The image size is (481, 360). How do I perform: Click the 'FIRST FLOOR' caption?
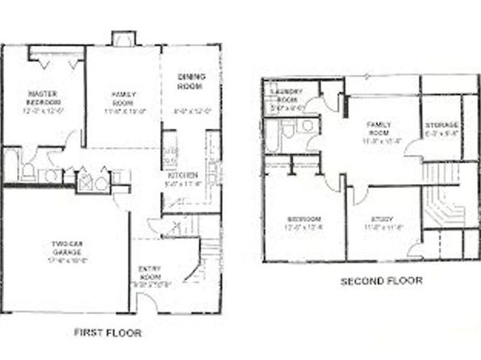[x=107, y=332]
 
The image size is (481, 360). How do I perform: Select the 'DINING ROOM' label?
[x=190, y=81]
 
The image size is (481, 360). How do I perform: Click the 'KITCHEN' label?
[x=178, y=175]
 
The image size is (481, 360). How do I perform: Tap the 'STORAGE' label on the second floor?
[x=441, y=125]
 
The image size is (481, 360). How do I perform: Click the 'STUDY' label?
[x=383, y=218]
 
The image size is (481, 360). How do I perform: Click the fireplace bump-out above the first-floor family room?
[x=123, y=39]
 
